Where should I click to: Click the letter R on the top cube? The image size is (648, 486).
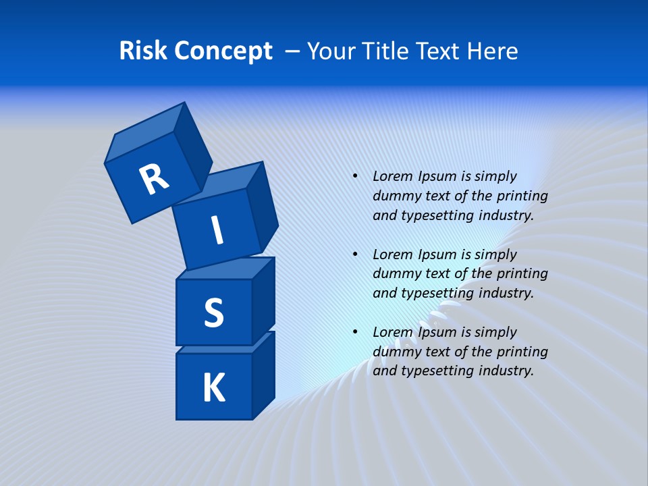point(154,180)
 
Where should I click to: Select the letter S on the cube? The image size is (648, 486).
point(213,313)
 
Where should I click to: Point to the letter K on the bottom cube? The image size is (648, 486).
point(213,388)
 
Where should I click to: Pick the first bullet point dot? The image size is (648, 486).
point(355,176)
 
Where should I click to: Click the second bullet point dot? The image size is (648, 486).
point(355,254)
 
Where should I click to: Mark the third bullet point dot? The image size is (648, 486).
point(355,332)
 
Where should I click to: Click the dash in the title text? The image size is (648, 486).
point(293,51)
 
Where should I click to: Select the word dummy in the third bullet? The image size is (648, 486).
point(396,352)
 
